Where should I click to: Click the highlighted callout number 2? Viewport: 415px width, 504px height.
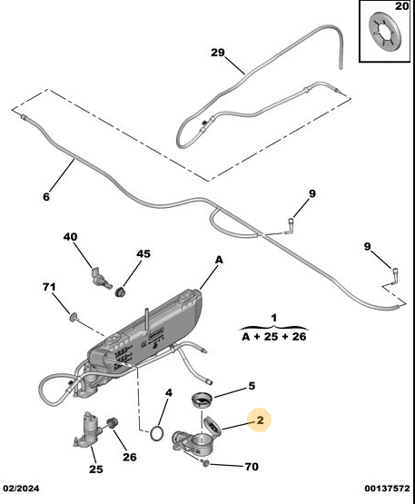tap(260, 420)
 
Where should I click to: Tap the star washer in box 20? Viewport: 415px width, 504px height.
tap(385, 31)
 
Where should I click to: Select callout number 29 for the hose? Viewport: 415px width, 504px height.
tap(218, 53)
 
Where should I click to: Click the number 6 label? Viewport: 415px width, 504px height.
tap(46, 196)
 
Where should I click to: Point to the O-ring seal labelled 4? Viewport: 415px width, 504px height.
tap(156, 433)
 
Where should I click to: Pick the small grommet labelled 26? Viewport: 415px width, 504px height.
tap(112, 422)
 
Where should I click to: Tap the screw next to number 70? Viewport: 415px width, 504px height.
tap(205, 463)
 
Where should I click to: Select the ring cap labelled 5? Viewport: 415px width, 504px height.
tap(202, 400)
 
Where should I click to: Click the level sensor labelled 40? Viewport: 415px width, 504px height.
tap(100, 278)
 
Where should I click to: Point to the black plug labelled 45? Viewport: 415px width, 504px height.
tap(121, 292)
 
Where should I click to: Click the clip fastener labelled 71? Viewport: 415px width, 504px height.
tap(74, 318)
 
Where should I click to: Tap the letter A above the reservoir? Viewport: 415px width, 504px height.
tap(219, 260)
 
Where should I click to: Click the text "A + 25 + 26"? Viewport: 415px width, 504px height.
tap(274, 337)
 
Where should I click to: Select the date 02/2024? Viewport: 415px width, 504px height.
tap(21, 489)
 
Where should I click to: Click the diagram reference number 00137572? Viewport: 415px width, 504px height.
tap(388, 489)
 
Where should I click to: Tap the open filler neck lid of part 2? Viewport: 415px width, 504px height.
tap(212, 426)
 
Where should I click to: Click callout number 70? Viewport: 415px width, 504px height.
tap(252, 467)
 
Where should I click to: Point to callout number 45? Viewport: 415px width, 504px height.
tap(143, 254)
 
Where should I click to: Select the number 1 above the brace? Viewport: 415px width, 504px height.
tap(273, 318)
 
